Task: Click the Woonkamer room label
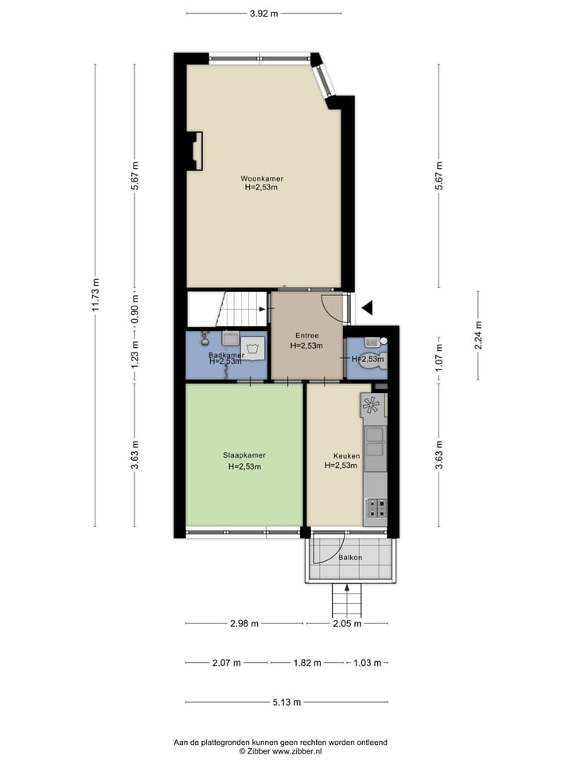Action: click(263, 179)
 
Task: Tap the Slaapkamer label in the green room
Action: click(244, 456)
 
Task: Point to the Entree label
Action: click(305, 336)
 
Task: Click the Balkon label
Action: click(350, 557)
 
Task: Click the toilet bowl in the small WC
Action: click(372, 357)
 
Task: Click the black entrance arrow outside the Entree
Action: click(366, 307)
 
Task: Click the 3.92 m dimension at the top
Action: click(263, 13)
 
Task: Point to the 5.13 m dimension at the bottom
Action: click(286, 702)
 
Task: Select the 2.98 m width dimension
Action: click(244, 624)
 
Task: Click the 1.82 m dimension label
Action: click(307, 662)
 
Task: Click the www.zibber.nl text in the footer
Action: click(298, 750)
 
